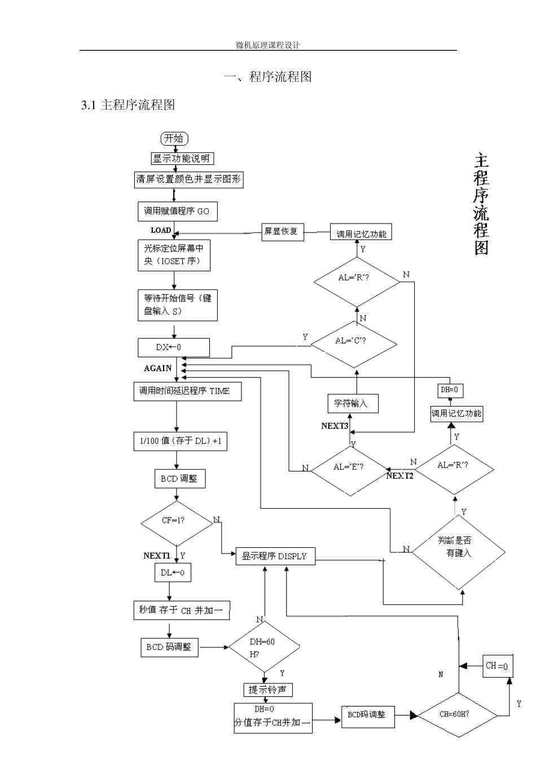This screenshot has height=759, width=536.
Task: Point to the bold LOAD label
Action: tap(161, 230)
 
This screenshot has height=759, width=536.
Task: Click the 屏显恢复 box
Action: tap(282, 232)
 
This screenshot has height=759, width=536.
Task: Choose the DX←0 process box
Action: tap(174, 347)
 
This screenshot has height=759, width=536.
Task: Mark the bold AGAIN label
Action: tap(157, 368)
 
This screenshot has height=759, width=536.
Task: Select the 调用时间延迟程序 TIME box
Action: tap(187, 391)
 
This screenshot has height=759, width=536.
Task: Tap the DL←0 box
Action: tap(173, 573)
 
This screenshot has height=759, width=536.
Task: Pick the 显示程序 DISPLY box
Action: tap(275, 556)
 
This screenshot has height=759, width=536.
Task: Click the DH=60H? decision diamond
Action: tap(263, 647)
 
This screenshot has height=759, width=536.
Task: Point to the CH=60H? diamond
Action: tap(458, 714)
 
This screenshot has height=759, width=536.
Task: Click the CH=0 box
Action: tap(497, 666)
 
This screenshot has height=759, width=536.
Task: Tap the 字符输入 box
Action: tap(352, 403)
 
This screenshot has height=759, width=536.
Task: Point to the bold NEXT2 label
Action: tap(400, 476)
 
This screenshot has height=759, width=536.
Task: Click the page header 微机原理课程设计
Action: tap(267, 45)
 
